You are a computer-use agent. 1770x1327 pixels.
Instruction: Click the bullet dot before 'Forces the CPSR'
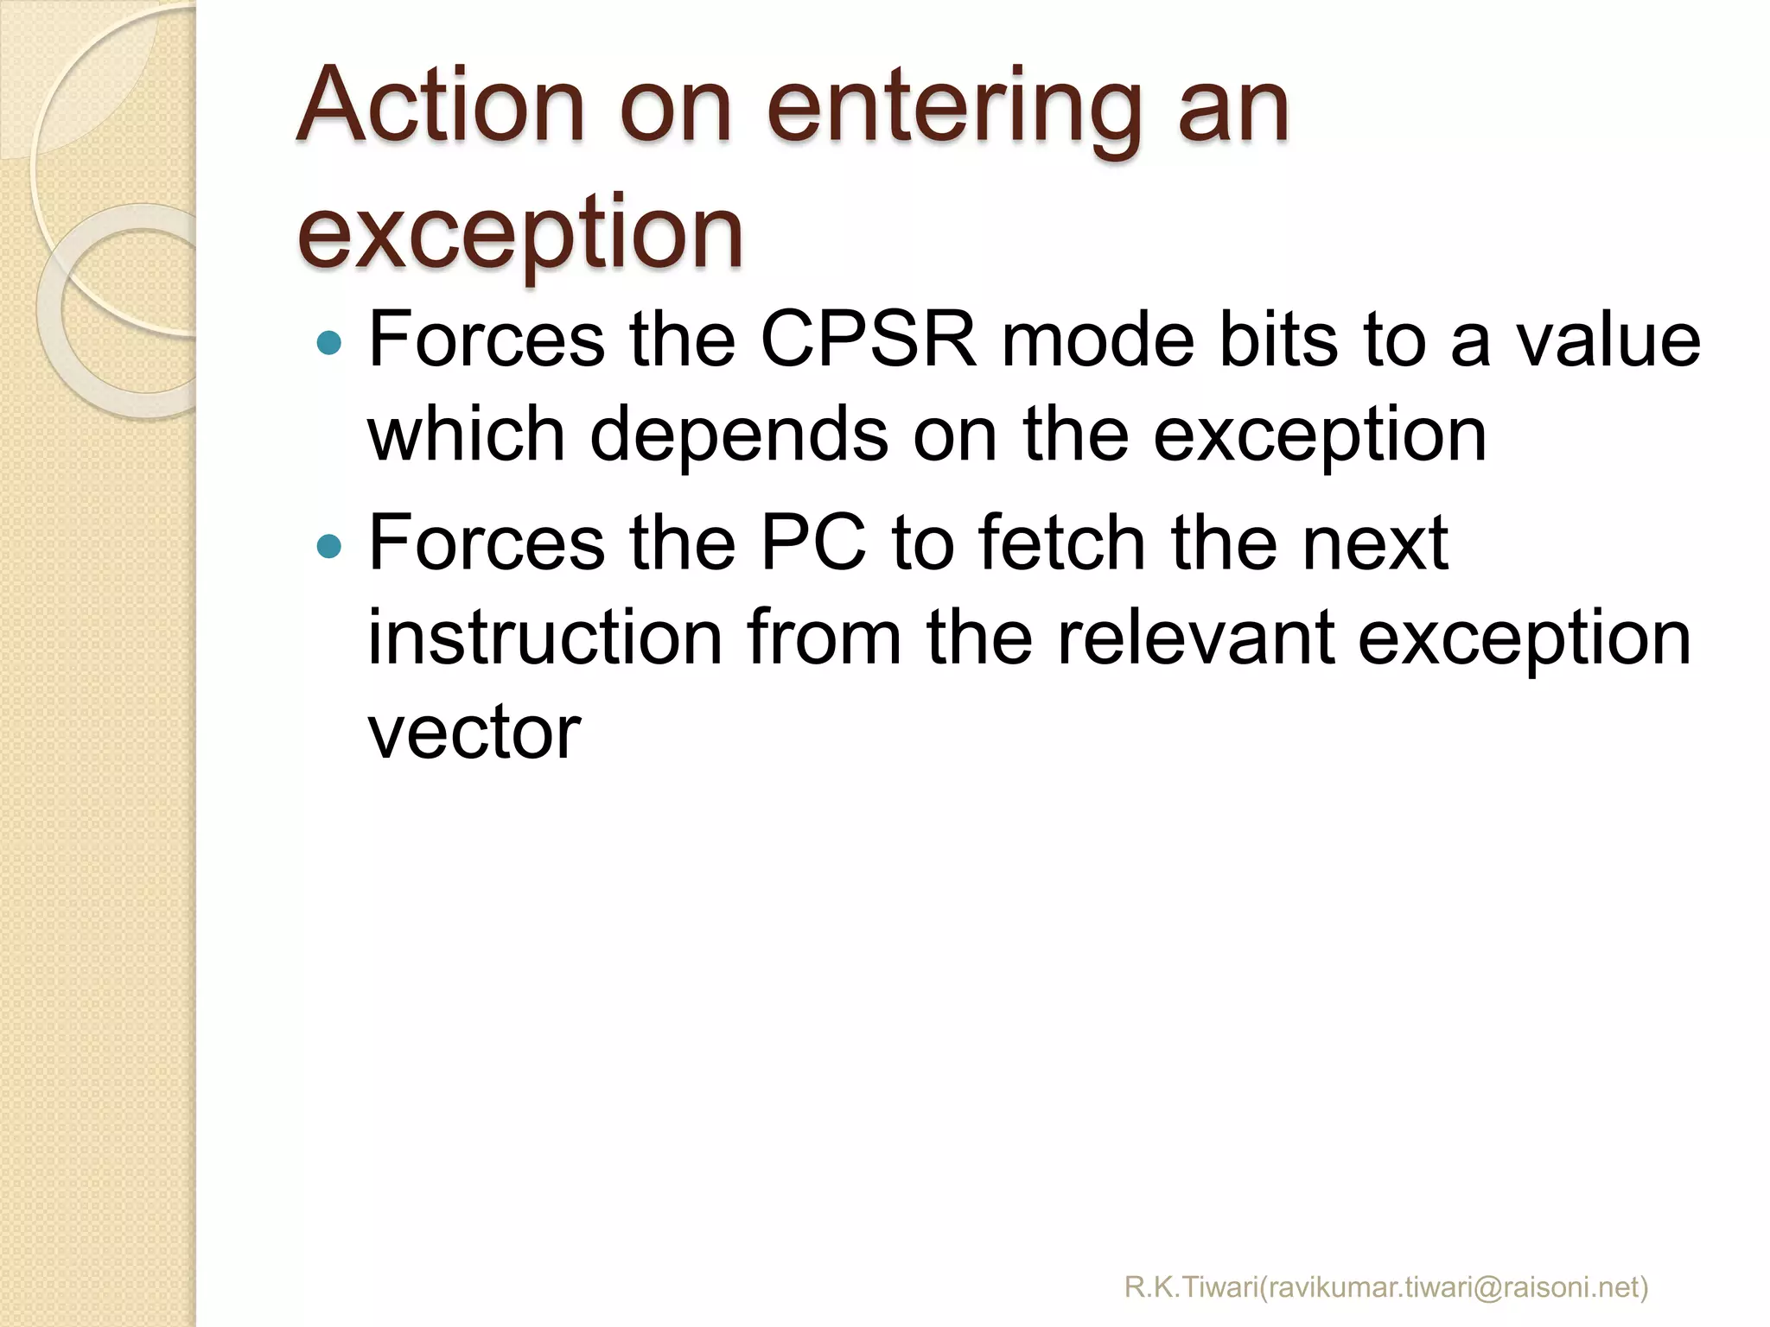coord(329,344)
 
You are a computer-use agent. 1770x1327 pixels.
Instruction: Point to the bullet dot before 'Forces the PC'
coord(329,545)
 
